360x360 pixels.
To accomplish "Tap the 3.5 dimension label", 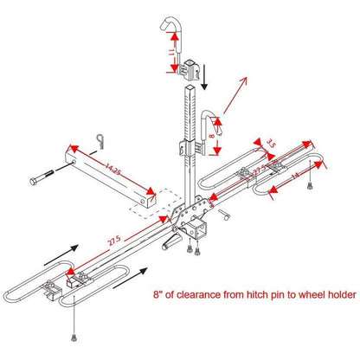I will tap(270, 142).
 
